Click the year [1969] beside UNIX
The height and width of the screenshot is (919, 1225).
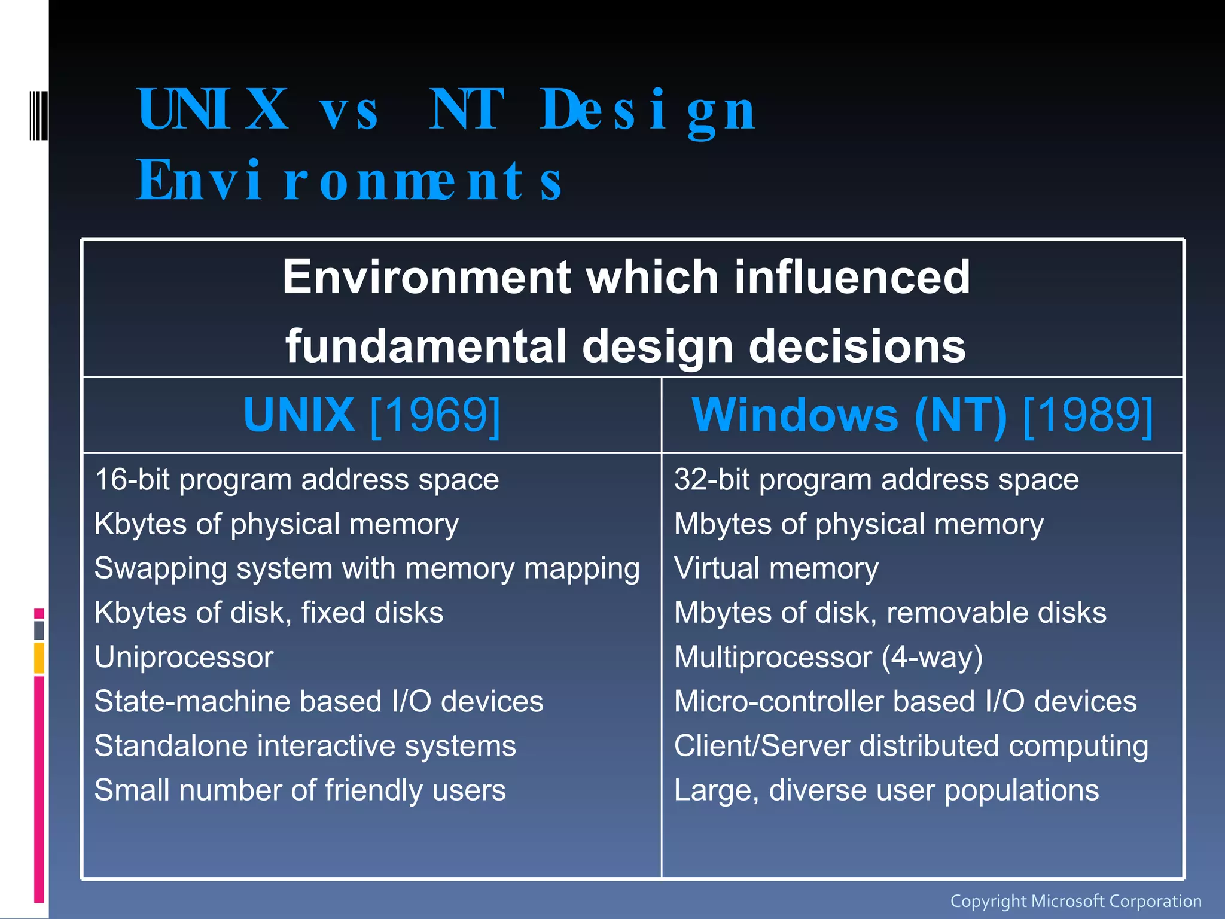(435, 415)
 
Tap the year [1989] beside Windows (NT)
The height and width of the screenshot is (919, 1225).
(1088, 415)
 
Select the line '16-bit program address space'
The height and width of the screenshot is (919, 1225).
(297, 480)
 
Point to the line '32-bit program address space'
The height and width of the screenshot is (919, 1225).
(876, 480)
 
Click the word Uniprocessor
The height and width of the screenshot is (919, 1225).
(184, 657)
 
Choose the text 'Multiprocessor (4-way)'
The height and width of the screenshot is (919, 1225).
(828, 657)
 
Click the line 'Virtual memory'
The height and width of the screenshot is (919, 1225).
(776, 568)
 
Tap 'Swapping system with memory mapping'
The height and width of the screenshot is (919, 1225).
(367, 568)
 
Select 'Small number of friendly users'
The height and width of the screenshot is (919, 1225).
(300, 790)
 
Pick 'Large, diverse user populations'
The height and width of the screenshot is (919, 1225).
(886, 790)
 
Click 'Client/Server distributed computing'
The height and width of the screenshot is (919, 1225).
(911, 745)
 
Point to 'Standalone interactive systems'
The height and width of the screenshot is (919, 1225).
(305, 745)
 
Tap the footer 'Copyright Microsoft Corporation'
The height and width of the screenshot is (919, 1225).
(1075, 901)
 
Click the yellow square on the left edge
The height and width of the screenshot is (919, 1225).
(39, 658)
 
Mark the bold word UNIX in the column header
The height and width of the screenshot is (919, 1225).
(299, 415)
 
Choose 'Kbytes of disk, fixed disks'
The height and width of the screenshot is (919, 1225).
(269, 613)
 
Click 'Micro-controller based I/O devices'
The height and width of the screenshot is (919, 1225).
(905, 701)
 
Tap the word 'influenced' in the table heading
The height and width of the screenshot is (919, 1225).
(852, 277)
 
